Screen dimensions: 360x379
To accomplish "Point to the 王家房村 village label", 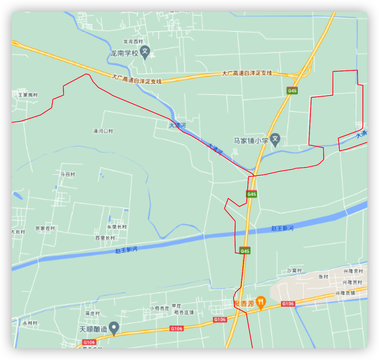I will (28, 95).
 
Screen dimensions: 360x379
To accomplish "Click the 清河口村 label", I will (103, 131).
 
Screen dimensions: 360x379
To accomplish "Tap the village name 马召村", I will (68, 174).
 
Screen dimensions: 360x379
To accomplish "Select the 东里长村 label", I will (117, 227).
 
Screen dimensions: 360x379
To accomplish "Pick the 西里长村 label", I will (105, 238).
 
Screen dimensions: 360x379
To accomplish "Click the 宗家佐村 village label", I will (45, 228).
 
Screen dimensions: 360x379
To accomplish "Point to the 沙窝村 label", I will (294, 271).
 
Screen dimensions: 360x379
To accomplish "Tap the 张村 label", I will (324, 277).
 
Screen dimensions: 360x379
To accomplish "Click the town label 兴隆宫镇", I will (345, 293).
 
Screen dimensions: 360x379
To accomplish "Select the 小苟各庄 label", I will (160, 308).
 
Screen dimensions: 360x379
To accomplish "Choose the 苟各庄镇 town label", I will (184, 312).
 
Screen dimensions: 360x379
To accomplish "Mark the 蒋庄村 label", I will (92, 314).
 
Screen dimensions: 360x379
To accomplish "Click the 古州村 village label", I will (31, 323).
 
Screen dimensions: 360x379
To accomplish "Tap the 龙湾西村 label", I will (133, 42).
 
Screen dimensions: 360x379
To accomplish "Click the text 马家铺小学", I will (251, 141).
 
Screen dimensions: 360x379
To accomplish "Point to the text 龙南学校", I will (124, 53).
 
